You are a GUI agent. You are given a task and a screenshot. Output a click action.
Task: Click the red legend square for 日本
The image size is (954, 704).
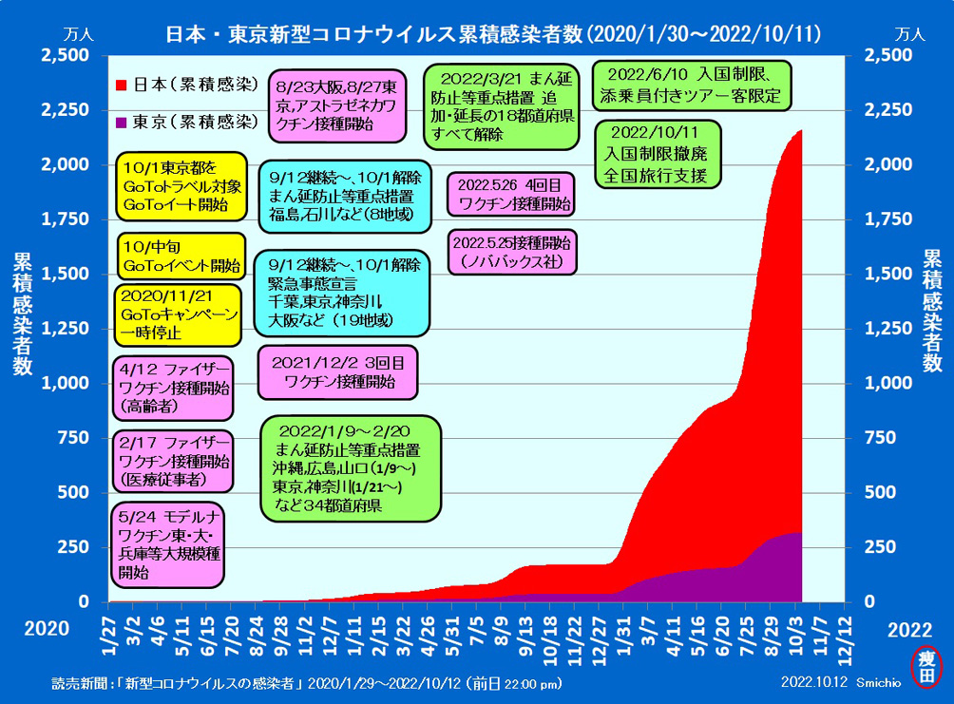click(121, 86)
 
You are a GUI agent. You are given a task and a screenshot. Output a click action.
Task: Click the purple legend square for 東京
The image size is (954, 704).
click(121, 123)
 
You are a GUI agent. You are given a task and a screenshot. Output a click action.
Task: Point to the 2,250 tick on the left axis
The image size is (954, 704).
click(66, 109)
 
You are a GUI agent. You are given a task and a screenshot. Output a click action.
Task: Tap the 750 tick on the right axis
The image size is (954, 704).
click(881, 437)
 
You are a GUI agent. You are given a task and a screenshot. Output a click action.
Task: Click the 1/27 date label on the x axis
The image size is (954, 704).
click(109, 635)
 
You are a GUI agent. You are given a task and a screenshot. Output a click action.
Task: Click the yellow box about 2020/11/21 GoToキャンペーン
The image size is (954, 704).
click(178, 314)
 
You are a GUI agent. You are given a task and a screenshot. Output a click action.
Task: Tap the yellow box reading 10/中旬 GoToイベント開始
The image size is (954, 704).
click(181, 257)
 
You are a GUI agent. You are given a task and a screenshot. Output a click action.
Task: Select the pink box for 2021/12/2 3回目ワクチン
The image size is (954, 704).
click(337, 372)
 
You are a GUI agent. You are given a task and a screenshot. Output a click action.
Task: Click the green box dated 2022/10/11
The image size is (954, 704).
click(658, 154)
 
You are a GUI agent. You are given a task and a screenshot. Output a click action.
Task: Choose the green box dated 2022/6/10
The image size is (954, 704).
click(691, 86)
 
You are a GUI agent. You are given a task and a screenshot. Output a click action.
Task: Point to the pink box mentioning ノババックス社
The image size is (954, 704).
click(512, 252)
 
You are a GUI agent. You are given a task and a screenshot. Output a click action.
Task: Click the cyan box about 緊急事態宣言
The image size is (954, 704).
click(342, 294)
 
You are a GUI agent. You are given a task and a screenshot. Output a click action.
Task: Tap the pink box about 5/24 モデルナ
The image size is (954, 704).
click(168, 544)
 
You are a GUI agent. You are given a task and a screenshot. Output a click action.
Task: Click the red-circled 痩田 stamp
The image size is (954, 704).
click(926, 667)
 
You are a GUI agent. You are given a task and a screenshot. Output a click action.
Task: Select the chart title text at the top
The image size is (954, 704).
click(493, 34)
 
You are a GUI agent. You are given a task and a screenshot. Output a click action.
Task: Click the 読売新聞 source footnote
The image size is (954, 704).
click(307, 684)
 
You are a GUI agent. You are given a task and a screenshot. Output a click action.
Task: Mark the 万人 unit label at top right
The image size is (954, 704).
click(910, 34)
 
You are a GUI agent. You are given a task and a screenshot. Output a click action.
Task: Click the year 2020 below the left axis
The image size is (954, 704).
click(47, 629)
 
